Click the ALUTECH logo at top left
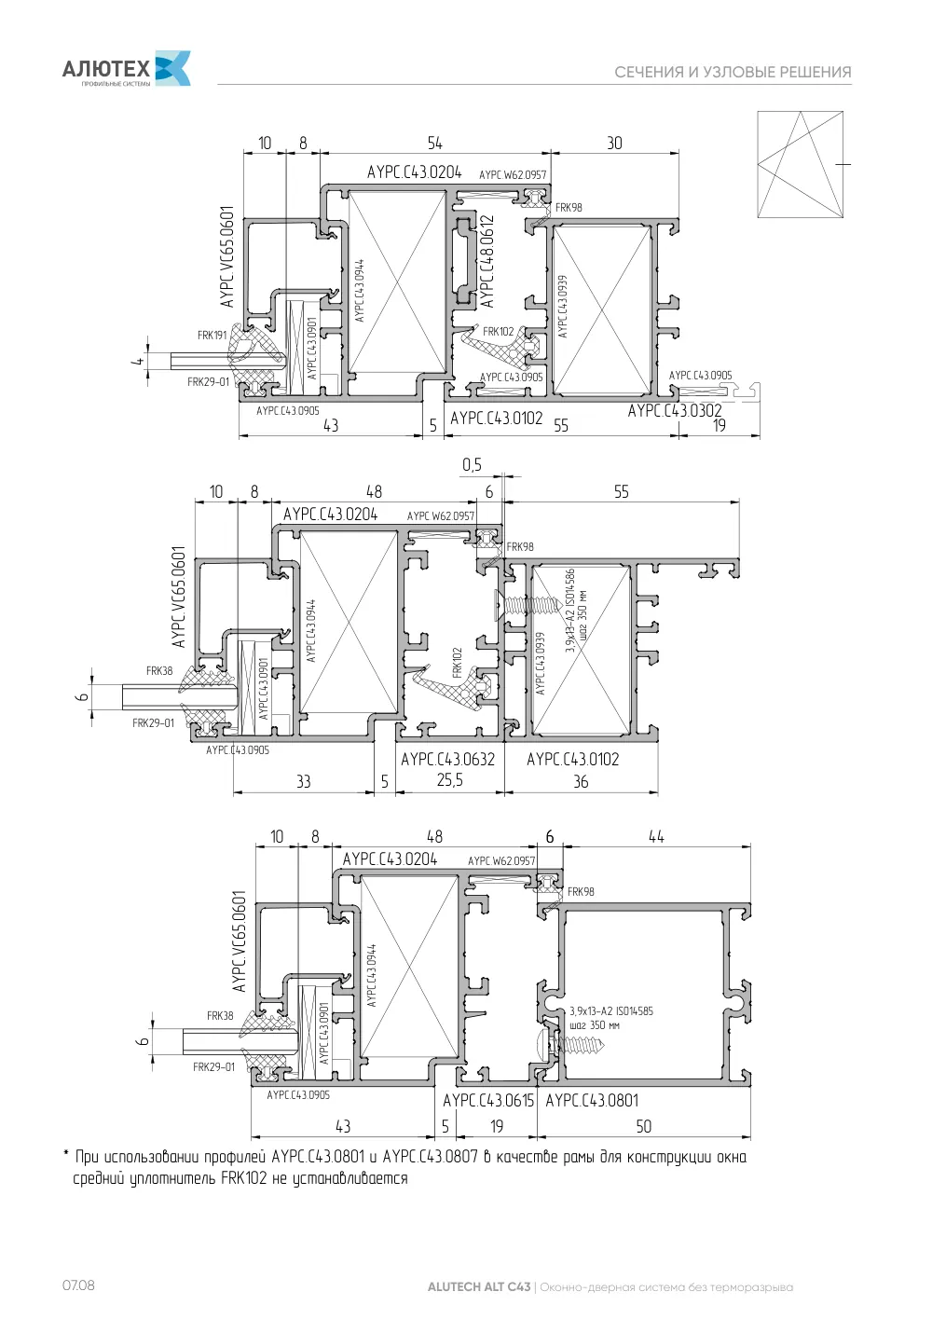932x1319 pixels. [x=127, y=68]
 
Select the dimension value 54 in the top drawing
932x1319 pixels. [x=434, y=144]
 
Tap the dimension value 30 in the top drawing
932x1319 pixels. [x=614, y=144]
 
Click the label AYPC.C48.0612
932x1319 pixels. [x=487, y=261]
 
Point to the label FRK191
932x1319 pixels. [x=212, y=335]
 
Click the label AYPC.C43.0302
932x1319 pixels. [x=674, y=410]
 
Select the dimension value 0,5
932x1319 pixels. [x=472, y=464]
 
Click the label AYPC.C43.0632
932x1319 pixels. [x=447, y=759]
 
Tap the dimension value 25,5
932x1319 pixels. [x=450, y=780]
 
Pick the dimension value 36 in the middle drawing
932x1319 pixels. [x=581, y=781]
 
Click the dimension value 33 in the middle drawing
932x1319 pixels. [x=303, y=781]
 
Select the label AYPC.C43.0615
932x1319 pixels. [x=488, y=1100]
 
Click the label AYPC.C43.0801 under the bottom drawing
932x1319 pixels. [x=592, y=1100]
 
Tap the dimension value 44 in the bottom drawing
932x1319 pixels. [x=656, y=836]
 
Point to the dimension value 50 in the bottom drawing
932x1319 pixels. [x=643, y=1126]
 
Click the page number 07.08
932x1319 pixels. [x=78, y=1285]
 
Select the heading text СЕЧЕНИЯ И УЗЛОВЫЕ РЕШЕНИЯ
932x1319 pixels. [x=733, y=72]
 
